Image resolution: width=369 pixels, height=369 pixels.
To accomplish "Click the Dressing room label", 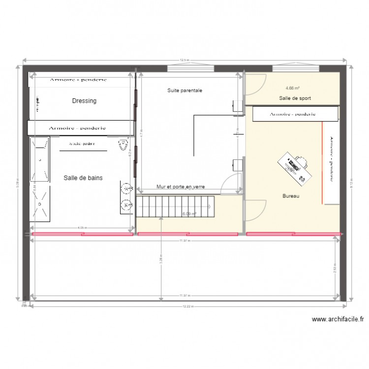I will coord(84,101).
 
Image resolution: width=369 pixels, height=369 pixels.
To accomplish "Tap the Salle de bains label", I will coord(83,178).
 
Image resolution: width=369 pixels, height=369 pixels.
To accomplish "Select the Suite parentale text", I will coord(184,91).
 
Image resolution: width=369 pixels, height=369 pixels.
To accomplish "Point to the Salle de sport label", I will coord(295,98).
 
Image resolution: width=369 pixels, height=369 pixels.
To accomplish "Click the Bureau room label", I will coord(291,196).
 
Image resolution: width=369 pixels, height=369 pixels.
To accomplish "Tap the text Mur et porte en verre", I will coord(180,187).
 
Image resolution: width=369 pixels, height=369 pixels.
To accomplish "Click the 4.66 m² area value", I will coord(292,89).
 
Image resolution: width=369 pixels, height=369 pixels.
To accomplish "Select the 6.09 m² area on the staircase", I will coord(189,214).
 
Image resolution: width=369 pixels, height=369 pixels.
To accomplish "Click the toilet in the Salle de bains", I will coord(122,145).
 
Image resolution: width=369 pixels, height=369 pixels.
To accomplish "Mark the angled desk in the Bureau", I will coord(294,166).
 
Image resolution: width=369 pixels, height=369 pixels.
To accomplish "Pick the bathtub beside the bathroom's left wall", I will coord(39,160).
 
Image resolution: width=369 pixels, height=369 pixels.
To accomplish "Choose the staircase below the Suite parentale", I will coord(175,206).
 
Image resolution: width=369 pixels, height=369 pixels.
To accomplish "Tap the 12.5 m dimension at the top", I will coord(184,60).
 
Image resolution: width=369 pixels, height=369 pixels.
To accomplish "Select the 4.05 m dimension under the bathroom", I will coord(82,228).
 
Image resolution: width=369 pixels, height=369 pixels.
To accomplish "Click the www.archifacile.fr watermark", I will coord(338,319).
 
